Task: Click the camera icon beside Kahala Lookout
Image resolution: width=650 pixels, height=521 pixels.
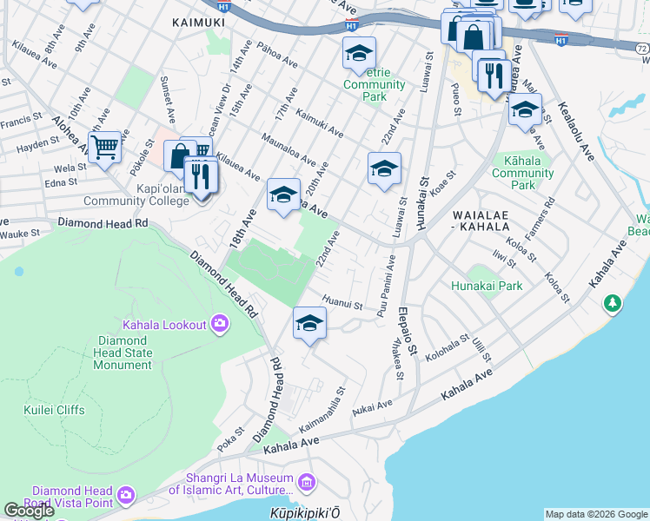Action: [x=219, y=325]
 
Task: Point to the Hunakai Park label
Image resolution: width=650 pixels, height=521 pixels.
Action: [x=486, y=285]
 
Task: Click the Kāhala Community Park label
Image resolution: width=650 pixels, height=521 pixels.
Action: [x=522, y=172]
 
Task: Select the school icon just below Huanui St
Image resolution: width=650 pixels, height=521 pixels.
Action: [x=309, y=324]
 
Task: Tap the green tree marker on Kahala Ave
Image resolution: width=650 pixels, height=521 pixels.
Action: [x=614, y=303]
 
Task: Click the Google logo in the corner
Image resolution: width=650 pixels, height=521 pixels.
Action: [x=30, y=510]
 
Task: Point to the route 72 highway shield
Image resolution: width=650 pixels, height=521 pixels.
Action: [x=641, y=49]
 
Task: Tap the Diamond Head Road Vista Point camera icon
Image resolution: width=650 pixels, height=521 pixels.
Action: [x=127, y=495]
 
